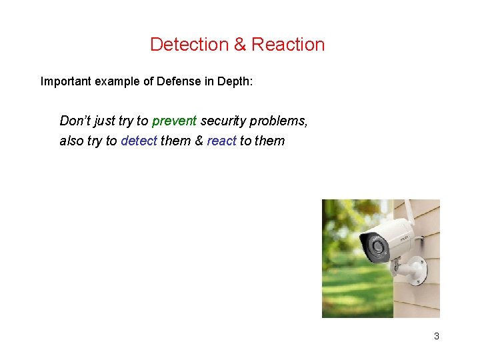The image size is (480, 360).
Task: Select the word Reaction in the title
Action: coord(288,45)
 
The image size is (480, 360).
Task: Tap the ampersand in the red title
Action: coord(240,45)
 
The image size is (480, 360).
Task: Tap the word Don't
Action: coord(73,121)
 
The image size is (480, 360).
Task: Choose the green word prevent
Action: coord(174,121)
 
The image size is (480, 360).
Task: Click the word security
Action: coord(223,121)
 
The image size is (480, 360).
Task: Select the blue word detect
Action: coord(139,141)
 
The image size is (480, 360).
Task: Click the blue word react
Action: coord(221,141)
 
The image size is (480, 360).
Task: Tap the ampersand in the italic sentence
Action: coord(199,141)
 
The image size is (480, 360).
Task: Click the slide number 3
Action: coord(437,336)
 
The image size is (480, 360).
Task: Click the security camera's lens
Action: coord(377,249)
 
